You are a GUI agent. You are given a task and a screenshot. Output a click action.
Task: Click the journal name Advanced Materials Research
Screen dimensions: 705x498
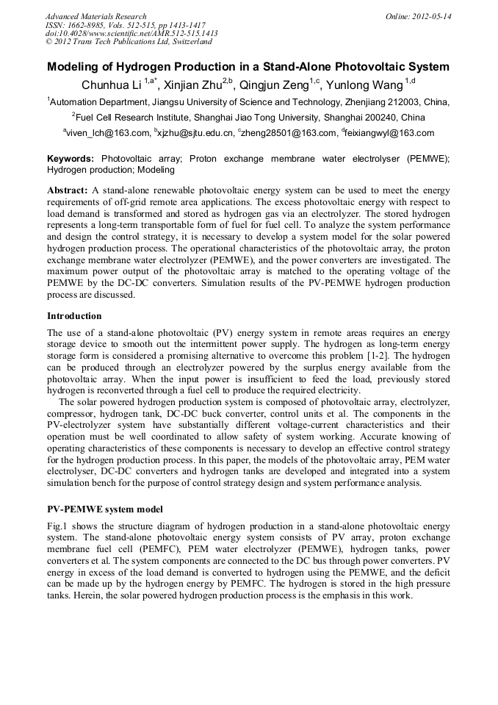tap(95, 16)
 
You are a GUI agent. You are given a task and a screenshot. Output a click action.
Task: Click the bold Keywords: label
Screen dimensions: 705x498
tap(71, 159)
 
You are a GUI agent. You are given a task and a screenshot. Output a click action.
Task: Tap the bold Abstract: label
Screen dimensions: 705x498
tap(68, 190)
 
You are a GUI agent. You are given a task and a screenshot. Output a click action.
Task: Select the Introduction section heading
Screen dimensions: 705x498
tap(74, 315)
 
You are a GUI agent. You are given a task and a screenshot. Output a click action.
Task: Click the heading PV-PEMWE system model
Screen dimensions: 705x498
tap(104, 509)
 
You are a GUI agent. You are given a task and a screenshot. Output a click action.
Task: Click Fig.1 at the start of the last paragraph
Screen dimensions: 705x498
tap(58, 526)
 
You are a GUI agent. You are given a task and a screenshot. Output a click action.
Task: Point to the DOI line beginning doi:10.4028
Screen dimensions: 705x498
tap(131, 34)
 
